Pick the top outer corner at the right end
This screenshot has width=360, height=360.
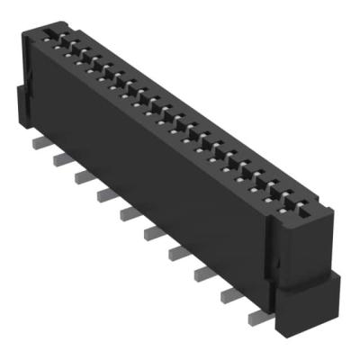[x=332, y=211]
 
